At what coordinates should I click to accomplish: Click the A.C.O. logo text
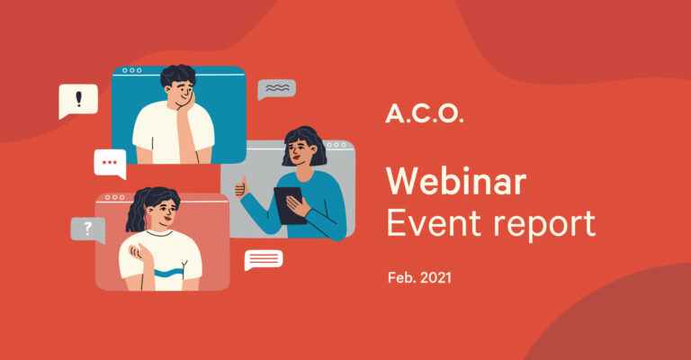pos(425,114)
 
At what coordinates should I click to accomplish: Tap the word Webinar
pos(456,181)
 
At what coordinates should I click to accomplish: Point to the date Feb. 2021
pos(419,277)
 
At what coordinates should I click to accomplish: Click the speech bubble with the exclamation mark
pos(78,101)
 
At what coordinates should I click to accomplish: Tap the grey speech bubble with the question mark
pos(88,230)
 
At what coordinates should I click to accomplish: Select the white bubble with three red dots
pos(110,164)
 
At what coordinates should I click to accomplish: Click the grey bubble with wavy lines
pos(276,89)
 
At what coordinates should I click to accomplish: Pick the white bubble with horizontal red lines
pos(264,260)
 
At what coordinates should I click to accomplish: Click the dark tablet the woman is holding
pos(290,205)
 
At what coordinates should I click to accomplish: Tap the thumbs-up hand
pos(241,187)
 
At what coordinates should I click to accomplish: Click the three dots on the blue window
pos(131,70)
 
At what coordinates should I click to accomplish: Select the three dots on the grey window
pos(336,145)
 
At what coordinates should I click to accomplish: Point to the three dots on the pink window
pos(114,197)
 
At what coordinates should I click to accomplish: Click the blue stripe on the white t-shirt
pos(168,273)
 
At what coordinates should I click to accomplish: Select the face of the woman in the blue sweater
pos(299,150)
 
